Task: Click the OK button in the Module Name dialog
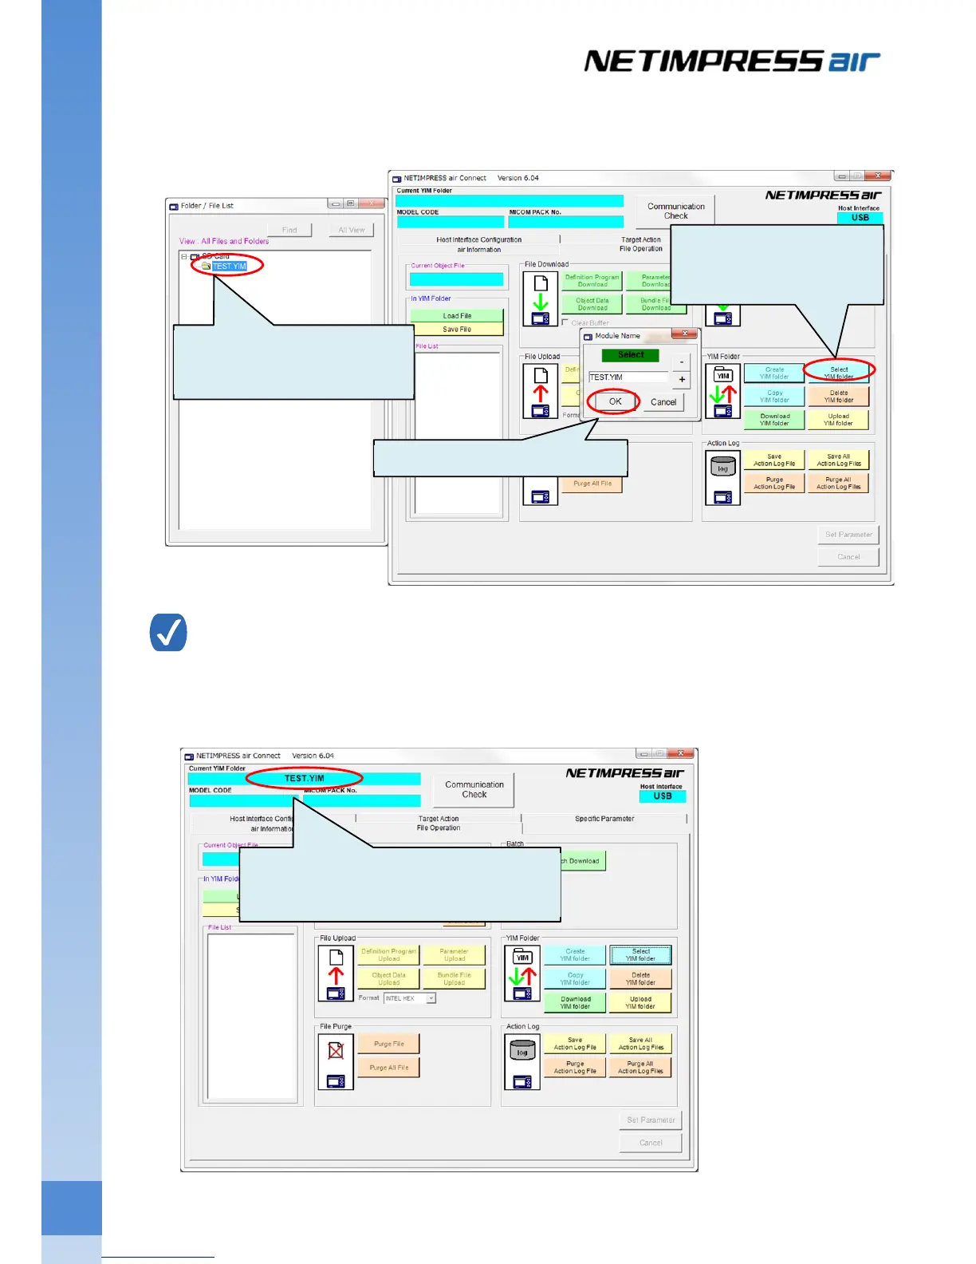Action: click(x=615, y=401)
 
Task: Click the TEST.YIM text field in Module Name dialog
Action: click(x=628, y=377)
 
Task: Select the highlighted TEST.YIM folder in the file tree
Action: click(x=229, y=267)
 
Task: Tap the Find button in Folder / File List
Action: click(x=289, y=230)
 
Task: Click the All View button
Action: click(x=352, y=230)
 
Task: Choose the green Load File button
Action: click(x=457, y=316)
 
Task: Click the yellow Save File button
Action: click(x=457, y=329)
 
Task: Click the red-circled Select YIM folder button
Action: click(x=838, y=373)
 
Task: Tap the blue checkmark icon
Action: click(x=168, y=633)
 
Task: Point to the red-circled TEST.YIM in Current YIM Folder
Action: click(x=305, y=778)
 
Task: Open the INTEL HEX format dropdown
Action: click(x=431, y=998)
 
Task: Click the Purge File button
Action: click(x=388, y=1044)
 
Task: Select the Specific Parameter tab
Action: click(x=604, y=819)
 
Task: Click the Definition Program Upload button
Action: click(x=388, y=955)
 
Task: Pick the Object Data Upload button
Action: click(x=388, y=978)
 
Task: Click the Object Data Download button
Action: click(x=592, y=304)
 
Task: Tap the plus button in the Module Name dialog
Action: click(x=682, y=379)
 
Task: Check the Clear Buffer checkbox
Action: click(x=565, y=323)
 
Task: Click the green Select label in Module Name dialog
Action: click(x=630, y=355)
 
